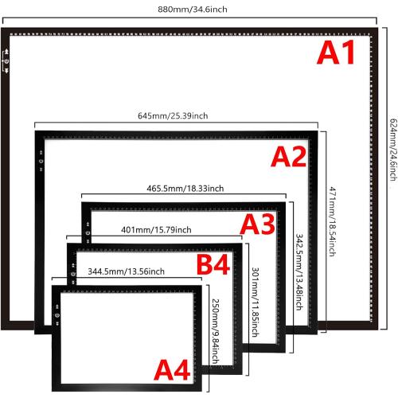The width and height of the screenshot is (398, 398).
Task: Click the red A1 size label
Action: [x=336, y=53]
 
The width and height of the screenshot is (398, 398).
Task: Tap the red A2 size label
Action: [x=289, y=157]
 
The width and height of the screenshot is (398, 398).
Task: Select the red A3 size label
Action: [x=258, y=224]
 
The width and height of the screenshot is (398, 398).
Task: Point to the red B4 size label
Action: [x=213, y=264]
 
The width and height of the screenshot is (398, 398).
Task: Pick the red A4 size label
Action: [x=172, y=370]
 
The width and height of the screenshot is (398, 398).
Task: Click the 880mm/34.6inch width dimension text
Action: [x=193, y=10]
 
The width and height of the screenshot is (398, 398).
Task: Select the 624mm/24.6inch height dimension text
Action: [x=393, y=150]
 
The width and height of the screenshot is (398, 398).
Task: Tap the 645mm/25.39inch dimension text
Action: [x=173, y=115]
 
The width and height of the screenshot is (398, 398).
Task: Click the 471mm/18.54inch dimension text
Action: [x=333, y=221]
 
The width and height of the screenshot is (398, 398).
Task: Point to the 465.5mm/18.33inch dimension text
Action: [x=185, y=189]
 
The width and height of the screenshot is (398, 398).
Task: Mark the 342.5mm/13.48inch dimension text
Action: [x=299, y=272]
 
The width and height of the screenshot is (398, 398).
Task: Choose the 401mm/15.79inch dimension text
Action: [x=156, y=230]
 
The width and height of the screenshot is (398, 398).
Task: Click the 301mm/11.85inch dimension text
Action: [x=256, y=302]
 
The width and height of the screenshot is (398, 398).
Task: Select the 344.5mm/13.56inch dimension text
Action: [x=126, y=271]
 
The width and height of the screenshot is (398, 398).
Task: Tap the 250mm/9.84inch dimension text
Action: [x=216, y=332]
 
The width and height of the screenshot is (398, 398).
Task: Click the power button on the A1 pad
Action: [x=6, y=61]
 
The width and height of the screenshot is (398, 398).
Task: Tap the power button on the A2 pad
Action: [x=41, y=161]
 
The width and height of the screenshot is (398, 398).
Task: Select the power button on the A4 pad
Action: [x=57, y=315]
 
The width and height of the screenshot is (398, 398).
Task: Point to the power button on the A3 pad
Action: [x=88, y=233]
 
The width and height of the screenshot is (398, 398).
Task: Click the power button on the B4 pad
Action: [x=73, y=274]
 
